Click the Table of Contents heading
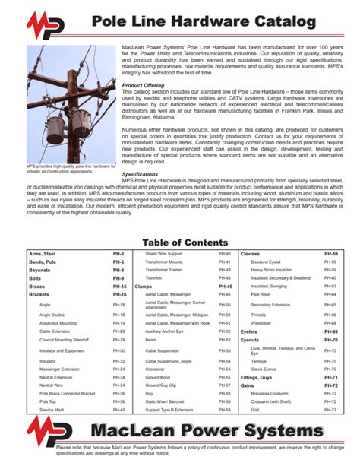pyautogui.click(x=180, y=242)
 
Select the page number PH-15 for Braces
pyautogui.click(x=118, y=287)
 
